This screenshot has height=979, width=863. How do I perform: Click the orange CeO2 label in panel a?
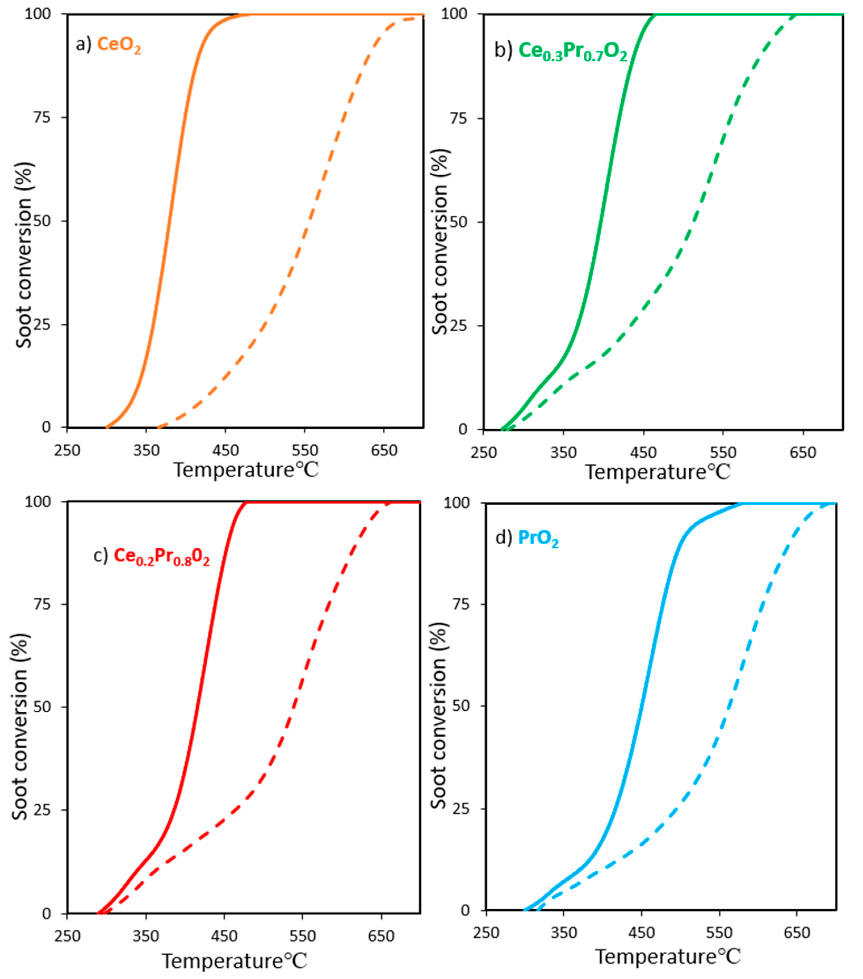(119, 45)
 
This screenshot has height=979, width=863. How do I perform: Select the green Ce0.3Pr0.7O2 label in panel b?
(573, 52)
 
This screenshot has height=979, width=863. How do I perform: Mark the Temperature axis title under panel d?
(667, 956)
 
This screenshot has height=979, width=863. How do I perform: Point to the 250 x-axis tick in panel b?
(483, 452)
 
